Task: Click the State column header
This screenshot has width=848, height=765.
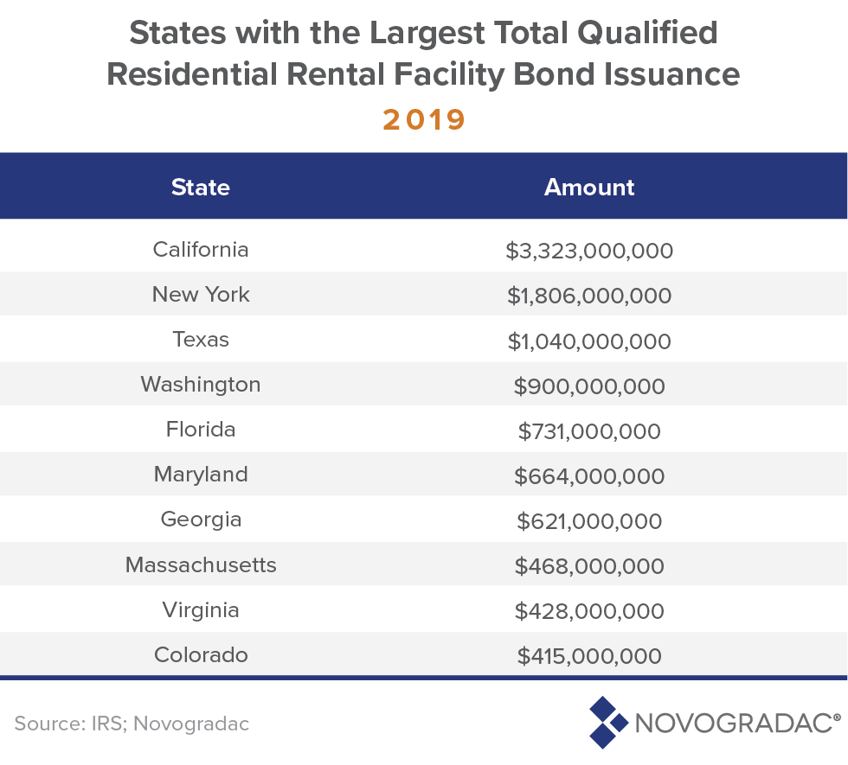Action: click(x=201, y=188)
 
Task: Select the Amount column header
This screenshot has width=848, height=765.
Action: click(x=589, y=188)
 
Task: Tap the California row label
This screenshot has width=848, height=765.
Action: click(x=201, y=250)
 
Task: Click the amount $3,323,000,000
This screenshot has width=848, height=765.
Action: click(x=589, y=252)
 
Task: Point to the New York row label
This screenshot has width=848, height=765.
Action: click(x=201, y=295)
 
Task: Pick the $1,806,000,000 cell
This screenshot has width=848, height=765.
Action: click(x=589, y=296)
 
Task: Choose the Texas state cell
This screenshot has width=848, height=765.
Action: click(x=201, y=340)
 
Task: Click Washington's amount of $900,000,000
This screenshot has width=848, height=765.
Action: click(x=589, y=386)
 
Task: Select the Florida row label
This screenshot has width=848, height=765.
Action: click(x=201, y=430)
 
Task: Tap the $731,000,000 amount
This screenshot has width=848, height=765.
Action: click(x=589, y=431)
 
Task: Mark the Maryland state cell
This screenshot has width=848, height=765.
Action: click(x=201, y=475)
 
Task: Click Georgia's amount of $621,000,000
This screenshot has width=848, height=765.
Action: click(x=589, y=521)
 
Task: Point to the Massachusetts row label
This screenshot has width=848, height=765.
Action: click(x=201, y=565)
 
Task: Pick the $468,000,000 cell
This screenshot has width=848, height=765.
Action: click(x=589, y=566)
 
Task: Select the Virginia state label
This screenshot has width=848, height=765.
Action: click(x=201, y=610)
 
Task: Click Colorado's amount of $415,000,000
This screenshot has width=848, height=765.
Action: click(x=589, y=656)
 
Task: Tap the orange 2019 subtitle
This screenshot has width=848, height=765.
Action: click(x=424, y=119)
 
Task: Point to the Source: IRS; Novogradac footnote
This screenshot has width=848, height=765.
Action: click(x=132, y=724)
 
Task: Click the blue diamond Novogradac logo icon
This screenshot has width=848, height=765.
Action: click(x=607, y=721)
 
